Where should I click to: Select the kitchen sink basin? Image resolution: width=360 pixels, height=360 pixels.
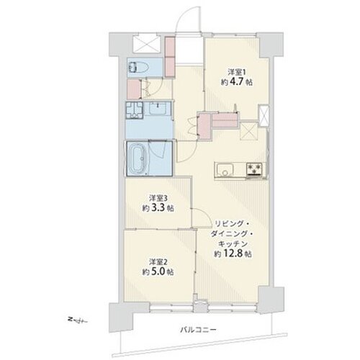click(x=223, y=171)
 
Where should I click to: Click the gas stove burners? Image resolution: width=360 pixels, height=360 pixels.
click(x=253, y=171)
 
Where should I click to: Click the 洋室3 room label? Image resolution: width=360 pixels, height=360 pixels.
click(x=158, y=197)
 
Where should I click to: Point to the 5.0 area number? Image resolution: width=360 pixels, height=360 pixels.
click(x=163, y=272)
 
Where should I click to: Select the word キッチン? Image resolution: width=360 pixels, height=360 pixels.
click(x=233, y=243)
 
